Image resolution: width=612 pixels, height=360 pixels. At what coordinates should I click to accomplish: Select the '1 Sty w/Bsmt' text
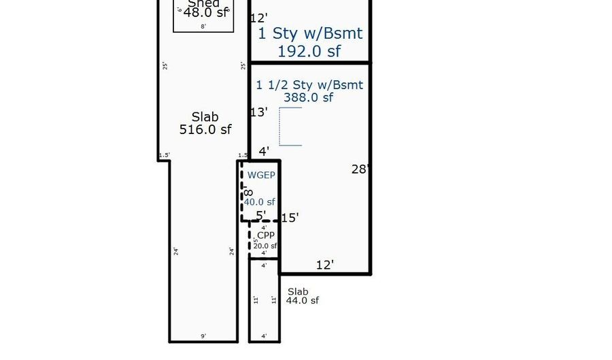[x=309, y=33]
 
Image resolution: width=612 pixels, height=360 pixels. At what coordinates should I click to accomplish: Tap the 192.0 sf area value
[x=309, y=50]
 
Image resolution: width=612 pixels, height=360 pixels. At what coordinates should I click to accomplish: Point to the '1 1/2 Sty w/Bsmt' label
[x=309, y=85]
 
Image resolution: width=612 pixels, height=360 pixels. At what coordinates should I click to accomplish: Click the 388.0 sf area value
[x=309, y=97]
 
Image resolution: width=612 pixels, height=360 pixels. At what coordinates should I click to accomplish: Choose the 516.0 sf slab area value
[x=205, y=129]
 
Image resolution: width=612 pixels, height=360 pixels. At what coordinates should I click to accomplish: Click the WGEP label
[x=261, y=175]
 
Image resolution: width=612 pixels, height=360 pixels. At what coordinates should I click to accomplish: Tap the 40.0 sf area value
[x=260, y=201]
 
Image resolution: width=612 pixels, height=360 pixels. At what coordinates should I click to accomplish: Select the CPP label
[x=266, y=235]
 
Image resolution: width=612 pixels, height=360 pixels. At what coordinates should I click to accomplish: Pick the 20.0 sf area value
[x=265, y=246]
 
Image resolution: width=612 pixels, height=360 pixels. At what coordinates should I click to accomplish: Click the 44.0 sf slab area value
[x=302, y=300]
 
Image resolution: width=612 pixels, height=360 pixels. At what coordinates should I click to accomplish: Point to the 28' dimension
[x=360, y=169]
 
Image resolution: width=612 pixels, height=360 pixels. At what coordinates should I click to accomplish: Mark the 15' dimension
[x=290, y=218]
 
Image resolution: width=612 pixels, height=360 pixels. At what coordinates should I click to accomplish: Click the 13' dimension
[x=258, y=112]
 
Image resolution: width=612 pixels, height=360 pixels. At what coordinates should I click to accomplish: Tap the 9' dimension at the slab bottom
[x=203, y=336]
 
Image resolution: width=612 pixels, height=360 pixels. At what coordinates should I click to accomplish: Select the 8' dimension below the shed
[x=203, y=27]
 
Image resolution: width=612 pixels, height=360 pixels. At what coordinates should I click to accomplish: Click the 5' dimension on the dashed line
[x=261, y=216]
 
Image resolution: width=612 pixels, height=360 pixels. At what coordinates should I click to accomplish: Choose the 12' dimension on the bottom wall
[x=325, y=265]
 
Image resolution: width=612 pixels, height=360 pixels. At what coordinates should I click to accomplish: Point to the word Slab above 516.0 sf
[x=205, y=117]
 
